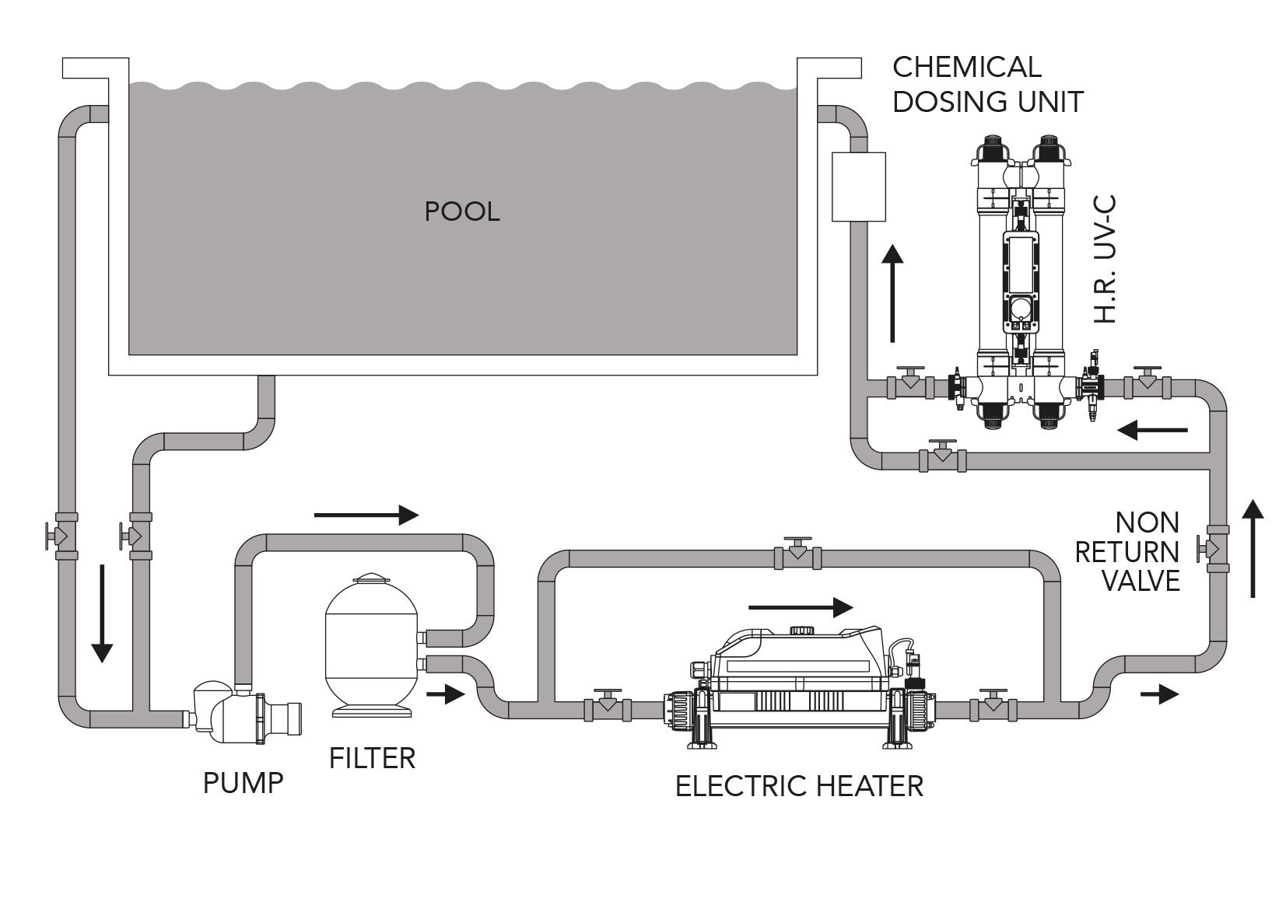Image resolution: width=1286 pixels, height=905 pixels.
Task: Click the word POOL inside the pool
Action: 461,211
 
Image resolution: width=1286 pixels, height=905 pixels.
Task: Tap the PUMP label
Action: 243,782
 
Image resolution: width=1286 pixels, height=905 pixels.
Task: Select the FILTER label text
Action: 372,757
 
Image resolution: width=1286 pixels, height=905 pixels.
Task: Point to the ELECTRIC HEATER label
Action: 799,786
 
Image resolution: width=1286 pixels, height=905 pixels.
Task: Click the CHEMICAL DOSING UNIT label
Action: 987,84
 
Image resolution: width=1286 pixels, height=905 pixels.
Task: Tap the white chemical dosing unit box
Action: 859,187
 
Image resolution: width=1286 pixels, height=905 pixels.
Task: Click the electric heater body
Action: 801,684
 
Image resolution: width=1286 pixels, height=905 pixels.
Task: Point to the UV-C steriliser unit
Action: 1015,280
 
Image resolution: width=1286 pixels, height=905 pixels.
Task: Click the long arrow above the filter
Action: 366,514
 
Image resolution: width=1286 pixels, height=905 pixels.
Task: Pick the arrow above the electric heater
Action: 801,605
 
